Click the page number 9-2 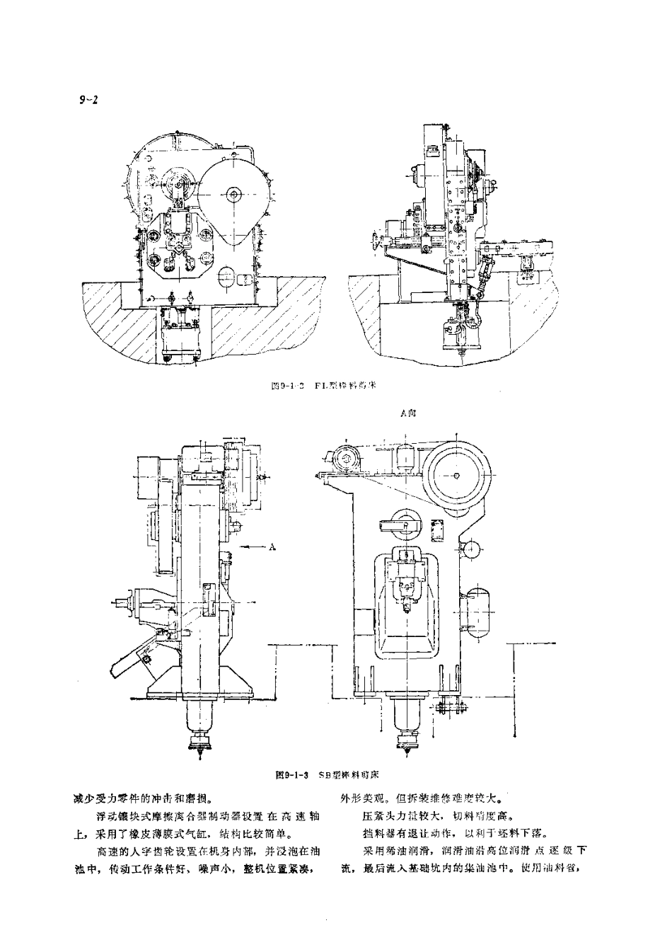coord(88,101)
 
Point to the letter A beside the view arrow coord(273,546)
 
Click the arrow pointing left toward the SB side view coord(251,546)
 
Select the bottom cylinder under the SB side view coord(200,718)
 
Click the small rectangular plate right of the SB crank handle coord(436,528)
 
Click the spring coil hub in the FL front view coord(178,185)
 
